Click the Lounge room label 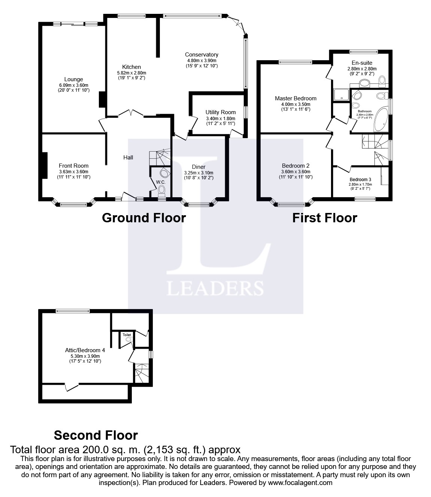point(73,79)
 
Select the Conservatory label point(202,55)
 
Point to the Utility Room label point(221,112)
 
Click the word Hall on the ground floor point(128,158)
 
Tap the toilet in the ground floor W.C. point(162,191)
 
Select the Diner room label point(198,167)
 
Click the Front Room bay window point(73,204)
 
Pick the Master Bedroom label point(295,98)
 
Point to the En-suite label point(362,63)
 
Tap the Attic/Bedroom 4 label point(85,351)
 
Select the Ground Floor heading point(144,217)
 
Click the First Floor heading point(325,217)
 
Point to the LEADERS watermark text point(215,289)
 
